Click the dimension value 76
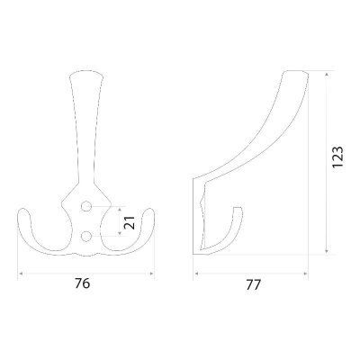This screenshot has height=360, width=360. (82, 283)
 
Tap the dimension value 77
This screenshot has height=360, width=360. (253, 284)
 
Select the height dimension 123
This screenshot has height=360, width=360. (337, 157)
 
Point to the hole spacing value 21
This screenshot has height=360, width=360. (130, 223)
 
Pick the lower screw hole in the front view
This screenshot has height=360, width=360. (86, 237)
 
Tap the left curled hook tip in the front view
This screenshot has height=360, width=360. (22, 211)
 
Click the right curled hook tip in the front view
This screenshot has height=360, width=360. (149, 211)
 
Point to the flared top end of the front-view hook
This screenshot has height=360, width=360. (86, 74)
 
